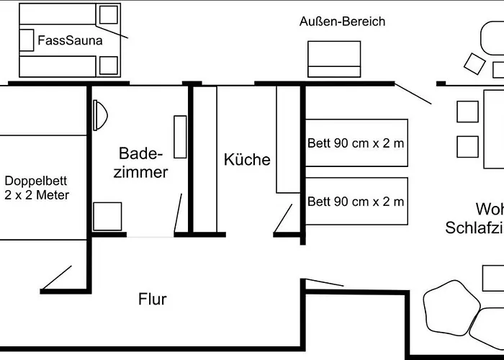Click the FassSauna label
pos(70,41)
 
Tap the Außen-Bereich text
pos(342,22)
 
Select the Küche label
pos(247,159)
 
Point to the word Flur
pos(152,299)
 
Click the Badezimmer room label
pos(143,163)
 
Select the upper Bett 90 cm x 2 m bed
pos(356,143)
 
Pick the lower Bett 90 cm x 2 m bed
pos(356,202)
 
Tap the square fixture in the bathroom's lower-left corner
pos(107,217)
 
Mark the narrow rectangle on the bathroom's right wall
pos(180,137)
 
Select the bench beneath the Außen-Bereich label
pos(334,58)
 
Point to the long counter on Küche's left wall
pos(207,158)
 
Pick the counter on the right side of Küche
pos(287,140)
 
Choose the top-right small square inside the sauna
pos(109,14)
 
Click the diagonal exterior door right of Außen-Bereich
pos(414,93)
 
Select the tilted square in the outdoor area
pos(474,63)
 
